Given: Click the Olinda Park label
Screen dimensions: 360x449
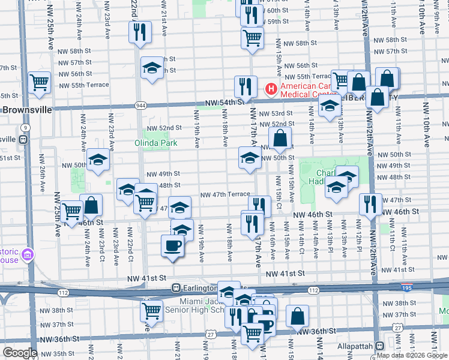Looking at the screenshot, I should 156,143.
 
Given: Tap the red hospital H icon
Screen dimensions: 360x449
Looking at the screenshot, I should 271,89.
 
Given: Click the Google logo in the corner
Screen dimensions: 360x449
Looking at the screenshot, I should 20,352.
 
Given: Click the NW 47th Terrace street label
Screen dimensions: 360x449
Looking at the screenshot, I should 224,195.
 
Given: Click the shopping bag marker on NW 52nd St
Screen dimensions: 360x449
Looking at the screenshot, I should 280,139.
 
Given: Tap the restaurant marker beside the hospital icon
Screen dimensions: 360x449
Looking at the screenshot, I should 245,87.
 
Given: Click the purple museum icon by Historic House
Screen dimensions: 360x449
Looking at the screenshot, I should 26,256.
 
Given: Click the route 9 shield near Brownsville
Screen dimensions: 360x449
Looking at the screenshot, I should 25,128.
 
